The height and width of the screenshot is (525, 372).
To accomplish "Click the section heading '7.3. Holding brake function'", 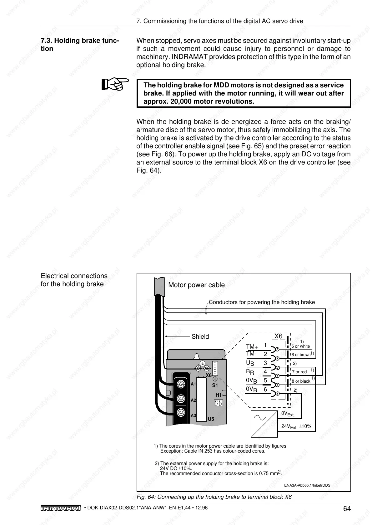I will point(79,45).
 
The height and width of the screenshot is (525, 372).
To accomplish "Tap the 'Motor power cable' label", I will point(196,285).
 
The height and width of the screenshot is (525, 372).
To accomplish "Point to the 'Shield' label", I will point(200,336).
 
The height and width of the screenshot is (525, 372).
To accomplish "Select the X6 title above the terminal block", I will point(278,336).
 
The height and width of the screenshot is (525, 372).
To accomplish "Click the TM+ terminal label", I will point(252,347).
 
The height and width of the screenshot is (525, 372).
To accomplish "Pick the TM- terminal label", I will point(251,354).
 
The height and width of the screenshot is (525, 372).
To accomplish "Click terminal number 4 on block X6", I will point(265,371).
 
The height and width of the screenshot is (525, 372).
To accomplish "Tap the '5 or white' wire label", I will point(300,346).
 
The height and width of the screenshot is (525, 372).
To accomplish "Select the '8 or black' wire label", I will point(301,381).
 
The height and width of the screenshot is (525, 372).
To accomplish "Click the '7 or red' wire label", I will point(299,372).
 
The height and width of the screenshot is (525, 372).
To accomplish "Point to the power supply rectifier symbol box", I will point(264,424).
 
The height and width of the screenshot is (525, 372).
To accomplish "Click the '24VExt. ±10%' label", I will point(296,426).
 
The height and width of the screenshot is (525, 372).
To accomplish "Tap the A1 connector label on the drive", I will point(193,384).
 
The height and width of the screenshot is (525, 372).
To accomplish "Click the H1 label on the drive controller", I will point(219,395).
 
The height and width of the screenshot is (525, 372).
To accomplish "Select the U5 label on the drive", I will point(211,419).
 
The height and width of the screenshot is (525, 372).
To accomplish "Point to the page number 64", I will point(347,509).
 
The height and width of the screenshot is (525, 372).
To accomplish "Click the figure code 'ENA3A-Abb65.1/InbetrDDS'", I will point(307,485).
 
